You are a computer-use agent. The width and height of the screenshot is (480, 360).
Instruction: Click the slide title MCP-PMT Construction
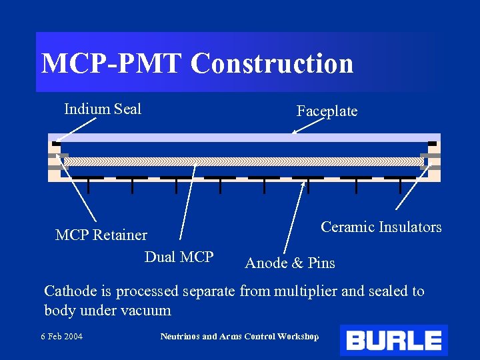click(197, 63)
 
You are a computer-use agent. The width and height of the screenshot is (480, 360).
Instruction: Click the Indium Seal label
click(103, 109)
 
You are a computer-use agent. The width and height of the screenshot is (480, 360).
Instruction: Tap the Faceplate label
click(327, 111)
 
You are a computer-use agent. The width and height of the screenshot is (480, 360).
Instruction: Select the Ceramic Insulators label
click(381, 227)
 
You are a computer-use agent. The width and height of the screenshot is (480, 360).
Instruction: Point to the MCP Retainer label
click(101, 235)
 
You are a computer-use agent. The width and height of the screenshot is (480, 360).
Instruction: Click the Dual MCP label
click(179, 257)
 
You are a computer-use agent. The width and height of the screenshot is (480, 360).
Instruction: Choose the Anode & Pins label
click(290, 263)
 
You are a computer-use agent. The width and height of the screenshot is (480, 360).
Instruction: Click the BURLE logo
click(393, 341)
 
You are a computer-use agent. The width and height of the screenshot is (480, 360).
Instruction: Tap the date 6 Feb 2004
click(61, 336)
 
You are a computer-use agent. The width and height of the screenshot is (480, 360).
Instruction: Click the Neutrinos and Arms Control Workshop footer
click(239, 336)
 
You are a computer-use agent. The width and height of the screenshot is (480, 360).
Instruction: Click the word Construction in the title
click(272, 63)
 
